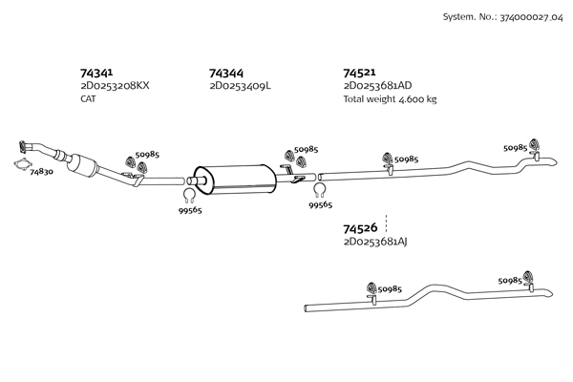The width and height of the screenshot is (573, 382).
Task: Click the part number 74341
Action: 97,73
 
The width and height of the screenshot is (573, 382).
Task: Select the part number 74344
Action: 225,73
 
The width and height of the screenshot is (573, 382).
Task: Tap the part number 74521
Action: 359,73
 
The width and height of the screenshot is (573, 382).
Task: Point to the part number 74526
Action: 359,228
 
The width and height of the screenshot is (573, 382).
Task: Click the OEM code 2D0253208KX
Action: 116,86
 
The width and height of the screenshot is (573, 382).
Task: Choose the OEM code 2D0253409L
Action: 240,86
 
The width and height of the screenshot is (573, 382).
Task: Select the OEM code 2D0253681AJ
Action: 374,242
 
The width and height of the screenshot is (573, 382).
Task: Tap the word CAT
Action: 88,98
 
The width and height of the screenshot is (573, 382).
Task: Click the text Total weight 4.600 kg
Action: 390,98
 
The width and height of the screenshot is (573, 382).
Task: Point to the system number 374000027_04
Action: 503,18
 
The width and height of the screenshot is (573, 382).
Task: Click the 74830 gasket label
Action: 42,172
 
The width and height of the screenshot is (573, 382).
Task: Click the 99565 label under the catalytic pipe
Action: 189,211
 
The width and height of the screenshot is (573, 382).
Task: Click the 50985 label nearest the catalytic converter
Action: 147,154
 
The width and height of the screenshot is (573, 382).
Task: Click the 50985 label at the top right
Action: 516,148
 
